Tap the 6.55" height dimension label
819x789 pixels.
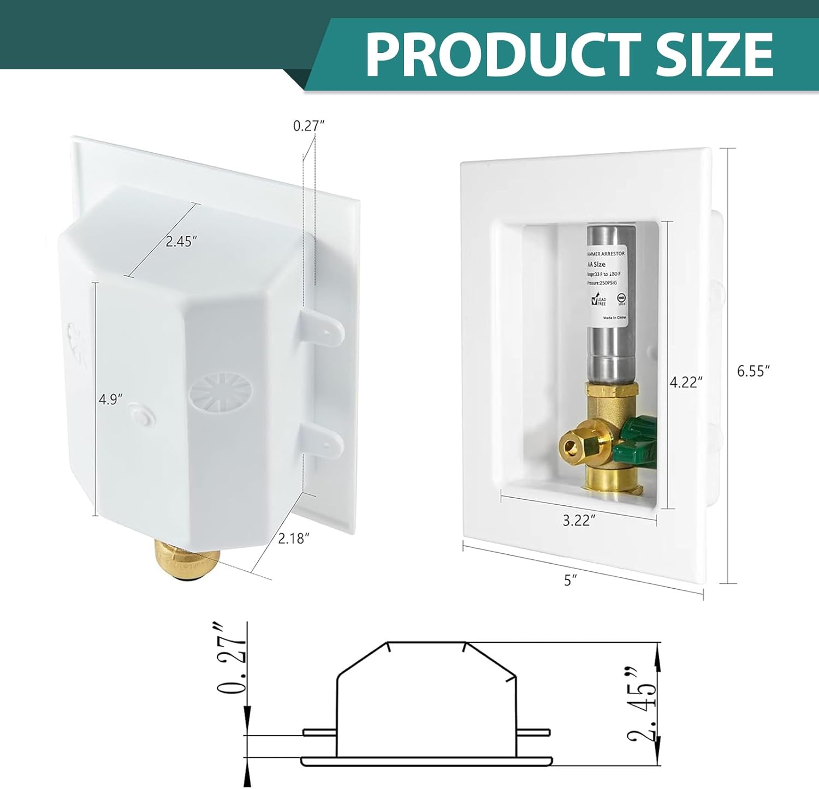[753, 371]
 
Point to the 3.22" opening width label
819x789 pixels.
[578, 520]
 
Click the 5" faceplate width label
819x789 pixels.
[571, 580]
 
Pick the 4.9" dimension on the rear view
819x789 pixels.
[109, 399]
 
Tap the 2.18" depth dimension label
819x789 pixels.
[294, 538]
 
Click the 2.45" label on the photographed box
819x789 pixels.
[181, 241]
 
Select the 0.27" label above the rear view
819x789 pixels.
[309, 125]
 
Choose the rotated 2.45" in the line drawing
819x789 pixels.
[642, 704]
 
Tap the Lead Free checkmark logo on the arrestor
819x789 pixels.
[598, 301]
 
